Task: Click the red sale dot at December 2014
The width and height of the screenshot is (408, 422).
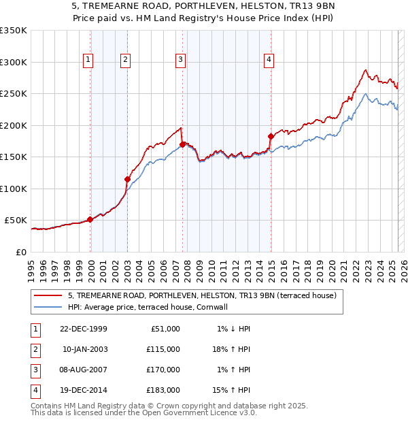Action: click(271, 136)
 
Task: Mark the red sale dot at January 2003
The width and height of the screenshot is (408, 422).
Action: click(127, 179)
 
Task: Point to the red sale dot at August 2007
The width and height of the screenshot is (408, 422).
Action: click(182, 144)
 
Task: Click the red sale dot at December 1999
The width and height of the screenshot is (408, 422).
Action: click(90, 219)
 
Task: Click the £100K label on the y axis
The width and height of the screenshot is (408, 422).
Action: click(14, 189)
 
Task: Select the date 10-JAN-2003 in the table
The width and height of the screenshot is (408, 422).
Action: click(85, 349)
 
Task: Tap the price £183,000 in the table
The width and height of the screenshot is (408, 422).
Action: click(164, 390)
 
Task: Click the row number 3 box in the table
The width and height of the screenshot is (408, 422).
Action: click(35, 370)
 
